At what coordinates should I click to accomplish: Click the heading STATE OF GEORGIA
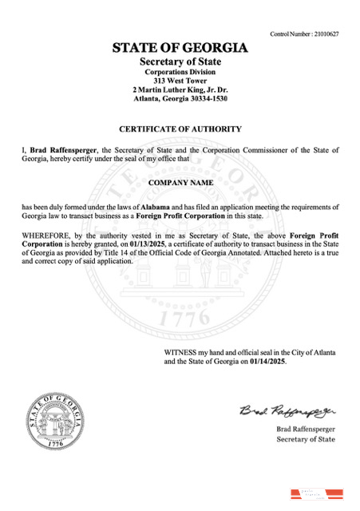click(x=180, y=48)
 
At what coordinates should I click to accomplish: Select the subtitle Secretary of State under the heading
click(x=180, y=61)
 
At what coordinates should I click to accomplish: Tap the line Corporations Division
click(x=180, y=72)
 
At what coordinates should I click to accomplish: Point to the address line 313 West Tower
click(x=180, y=81)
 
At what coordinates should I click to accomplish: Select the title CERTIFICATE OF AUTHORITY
click(x=180, y=129)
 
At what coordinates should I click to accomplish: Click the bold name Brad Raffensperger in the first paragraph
click(x=65, y=149)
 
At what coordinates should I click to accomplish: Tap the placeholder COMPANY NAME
click(x=180, y=183)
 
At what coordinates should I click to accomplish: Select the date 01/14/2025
click(x=267, y=361)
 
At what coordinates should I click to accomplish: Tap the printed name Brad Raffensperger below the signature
click(x=305, y=430)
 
